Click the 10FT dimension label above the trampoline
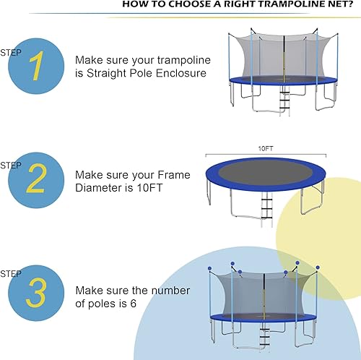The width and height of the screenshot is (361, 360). (x=266, y=148)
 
